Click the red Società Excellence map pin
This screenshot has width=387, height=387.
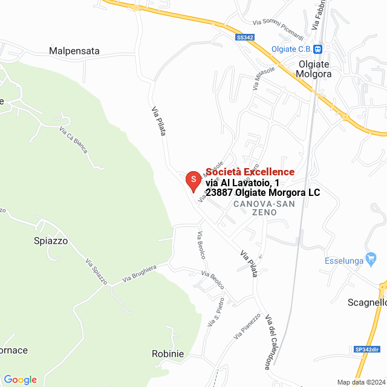click(x=193, y=181)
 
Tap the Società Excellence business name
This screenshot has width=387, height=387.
click(x=250, y=172)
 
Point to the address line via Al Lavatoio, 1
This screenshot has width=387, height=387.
click(x=242, y=182)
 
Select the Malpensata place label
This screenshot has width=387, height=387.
click(x=74, y=51)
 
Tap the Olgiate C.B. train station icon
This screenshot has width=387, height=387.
click(x=318, y=49)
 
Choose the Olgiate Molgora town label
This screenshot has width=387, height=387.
click(x=314, y=68)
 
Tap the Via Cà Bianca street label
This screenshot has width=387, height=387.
click(x=73, y=139)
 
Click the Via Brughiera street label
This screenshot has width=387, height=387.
click(x=139, y=273)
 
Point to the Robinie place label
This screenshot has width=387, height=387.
click(x=167, y=354)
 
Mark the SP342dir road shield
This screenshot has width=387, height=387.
click(x=366, y=350)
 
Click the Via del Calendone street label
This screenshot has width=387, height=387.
click(x=268, y=342)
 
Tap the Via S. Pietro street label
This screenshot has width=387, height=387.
click(x=216, y=313)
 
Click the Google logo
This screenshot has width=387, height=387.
click(x=20, y=380)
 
